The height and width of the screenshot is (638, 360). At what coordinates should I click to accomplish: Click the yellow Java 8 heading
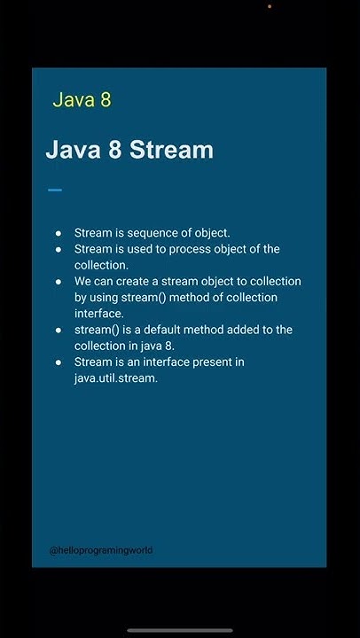(x=82, y=99)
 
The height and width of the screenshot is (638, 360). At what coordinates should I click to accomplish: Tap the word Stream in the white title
(x=171, y=150)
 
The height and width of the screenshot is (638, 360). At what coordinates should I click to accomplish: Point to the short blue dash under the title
(x=55, y=190)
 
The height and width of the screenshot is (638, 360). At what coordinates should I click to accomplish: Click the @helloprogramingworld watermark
(x=101, y=550)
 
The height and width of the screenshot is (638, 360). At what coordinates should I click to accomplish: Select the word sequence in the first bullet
(x=153, y=233)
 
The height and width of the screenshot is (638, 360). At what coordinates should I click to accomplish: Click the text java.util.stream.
(x=115, y=377)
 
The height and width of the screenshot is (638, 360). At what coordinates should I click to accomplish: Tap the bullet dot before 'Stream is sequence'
(x=59, y=233)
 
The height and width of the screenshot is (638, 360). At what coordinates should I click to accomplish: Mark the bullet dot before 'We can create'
(x=59, y=281)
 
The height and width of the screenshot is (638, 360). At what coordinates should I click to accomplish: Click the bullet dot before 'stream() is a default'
(x=59, y=330)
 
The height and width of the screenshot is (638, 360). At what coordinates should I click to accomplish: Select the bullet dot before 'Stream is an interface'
(x=59, y=362)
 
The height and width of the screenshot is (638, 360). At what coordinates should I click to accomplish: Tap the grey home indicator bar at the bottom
(x=180, y=630)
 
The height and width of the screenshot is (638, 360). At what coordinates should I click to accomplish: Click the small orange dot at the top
(x=270, y=6)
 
